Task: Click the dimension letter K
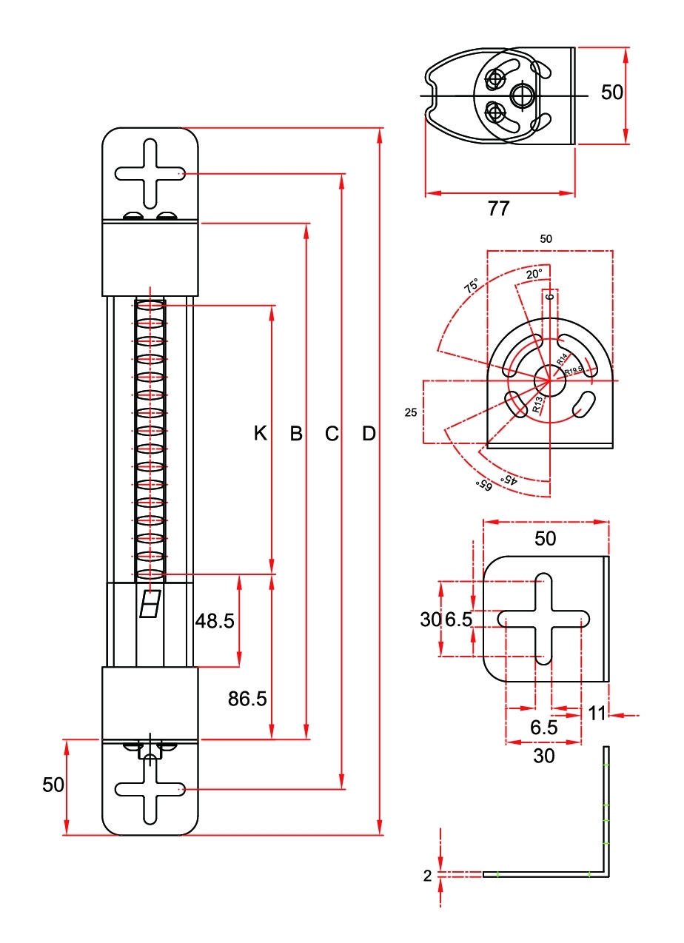click(x=260, y=434)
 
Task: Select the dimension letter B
click(x=296, y=434)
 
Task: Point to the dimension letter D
click(x=369, y=434)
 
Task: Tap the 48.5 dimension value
click(x=215, y=621)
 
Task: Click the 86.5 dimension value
click(x=247, y=699)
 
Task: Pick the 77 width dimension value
click(x=499, y=209)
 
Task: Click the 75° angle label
click(x=471, y=286)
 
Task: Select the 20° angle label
click(x=534, y=274)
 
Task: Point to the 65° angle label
click(x=483, y=485)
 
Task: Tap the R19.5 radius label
click(x=574, y=370)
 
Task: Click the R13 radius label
click(x=538, y=403)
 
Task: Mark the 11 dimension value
click(x=597, y=714)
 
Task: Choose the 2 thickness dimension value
click(x=427, y=876)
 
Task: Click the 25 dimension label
click(x=411, y=413)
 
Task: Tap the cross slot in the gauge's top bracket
click(x=150, y=174)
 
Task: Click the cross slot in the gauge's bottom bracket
click(x=150, y=790)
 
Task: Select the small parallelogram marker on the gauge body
click(x=151, y=604)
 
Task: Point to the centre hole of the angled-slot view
click(x=550, y=380)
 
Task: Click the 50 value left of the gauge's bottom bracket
click(x=53, y=785)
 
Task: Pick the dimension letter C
click(x=332, y=434)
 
